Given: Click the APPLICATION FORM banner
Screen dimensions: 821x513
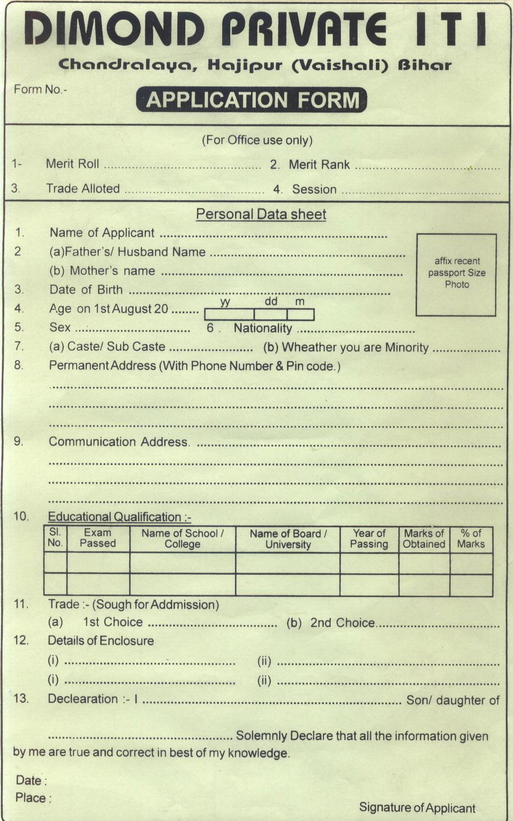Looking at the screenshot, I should [x=252, y=100].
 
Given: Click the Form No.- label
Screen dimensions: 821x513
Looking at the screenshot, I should [x=41, y=89].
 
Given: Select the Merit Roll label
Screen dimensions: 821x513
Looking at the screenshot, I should [x=72, y=164].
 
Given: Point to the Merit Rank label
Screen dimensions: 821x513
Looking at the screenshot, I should [x=319, y=165].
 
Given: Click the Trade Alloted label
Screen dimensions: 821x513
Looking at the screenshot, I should [x=83, y=189].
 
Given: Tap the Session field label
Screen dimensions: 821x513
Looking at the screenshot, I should [x=314, y=189].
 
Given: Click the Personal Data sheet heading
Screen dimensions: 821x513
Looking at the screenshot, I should [x=261, y=214].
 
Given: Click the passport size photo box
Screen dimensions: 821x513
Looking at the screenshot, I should [x=456, y=274].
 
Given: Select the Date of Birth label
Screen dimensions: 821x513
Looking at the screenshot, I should [x=86, y=289].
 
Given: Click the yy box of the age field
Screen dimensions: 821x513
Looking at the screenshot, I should [x=229, y=314].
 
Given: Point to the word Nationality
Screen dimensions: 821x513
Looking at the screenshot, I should [x=263, y=328].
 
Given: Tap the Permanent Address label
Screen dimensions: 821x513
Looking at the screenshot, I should [x=103, y=366].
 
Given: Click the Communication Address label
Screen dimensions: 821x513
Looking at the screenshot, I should [x=118, y=442].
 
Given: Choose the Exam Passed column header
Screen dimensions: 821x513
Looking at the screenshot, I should [x=98, y=538].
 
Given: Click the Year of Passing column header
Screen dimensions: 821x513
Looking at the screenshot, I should [x=369, y=539].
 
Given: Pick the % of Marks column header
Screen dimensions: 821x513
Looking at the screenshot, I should [x=471, y=539].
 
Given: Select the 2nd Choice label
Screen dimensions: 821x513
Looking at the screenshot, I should [x=342, y=623].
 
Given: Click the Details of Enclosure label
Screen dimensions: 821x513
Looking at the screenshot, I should [x=101, y=641].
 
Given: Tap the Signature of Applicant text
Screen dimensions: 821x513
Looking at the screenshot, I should [x=417, y=808].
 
